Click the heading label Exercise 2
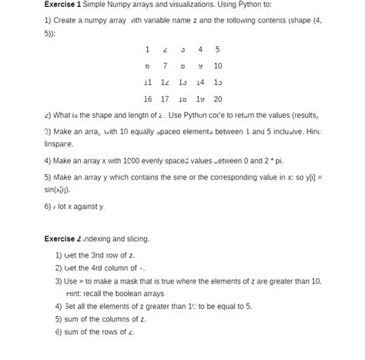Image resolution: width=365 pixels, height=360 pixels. (62, 239)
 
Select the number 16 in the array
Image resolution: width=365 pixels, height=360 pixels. (147, 99)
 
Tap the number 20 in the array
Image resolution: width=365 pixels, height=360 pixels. (218, 99)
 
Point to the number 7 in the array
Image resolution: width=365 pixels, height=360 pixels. (165, 66)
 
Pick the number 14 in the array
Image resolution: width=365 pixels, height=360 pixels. (200, 82)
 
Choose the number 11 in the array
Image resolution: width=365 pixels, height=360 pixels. (147, 82)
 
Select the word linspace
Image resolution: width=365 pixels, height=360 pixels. (59, 144)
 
